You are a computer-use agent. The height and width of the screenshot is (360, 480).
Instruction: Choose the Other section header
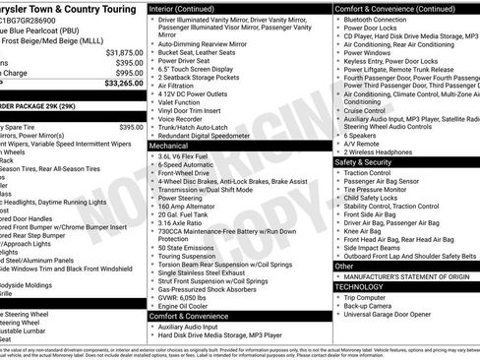coord(345,267)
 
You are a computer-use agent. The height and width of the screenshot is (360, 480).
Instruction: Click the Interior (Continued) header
coord(189,8)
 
